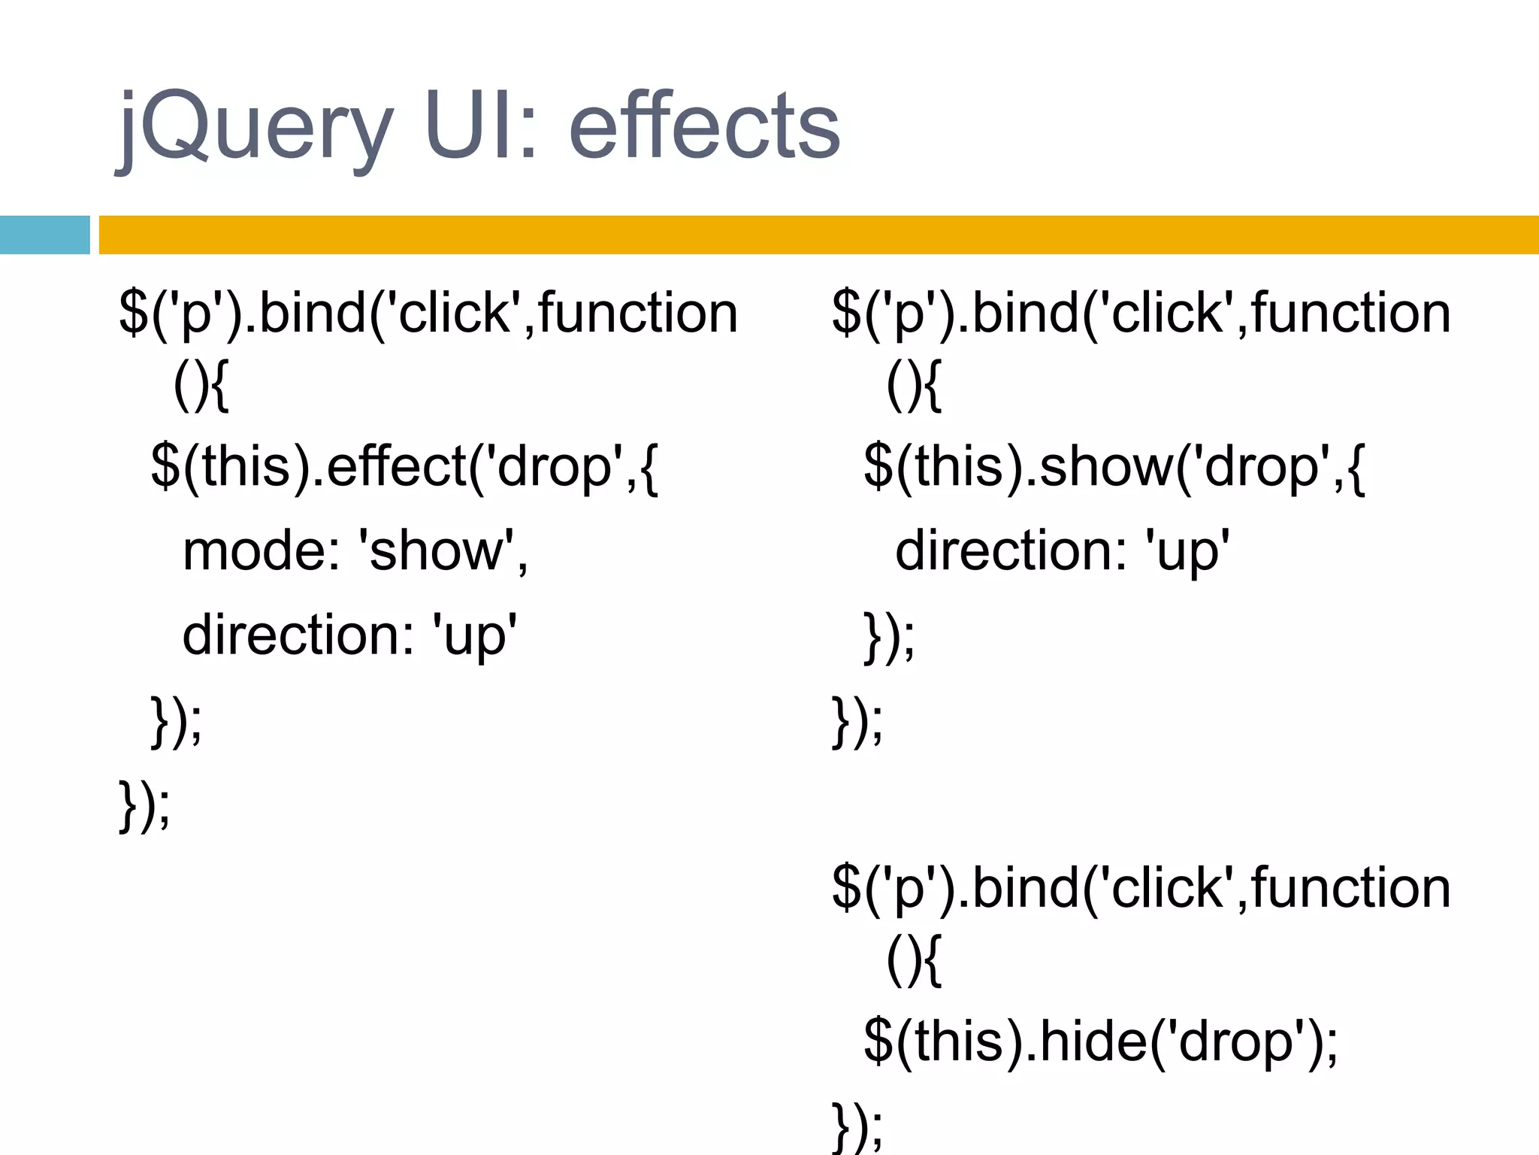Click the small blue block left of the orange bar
pyautogui.click(x=44, y=235)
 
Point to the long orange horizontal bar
pyautogui.click(x=818, y=235)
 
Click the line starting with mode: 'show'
pyautogui.click(x=355, y=551)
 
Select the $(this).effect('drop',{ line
pyautogui.click(x=404, y=468)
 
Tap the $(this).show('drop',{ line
pyautogui.click(x=1114, y=468)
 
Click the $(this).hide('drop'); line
pyautogui.click(x=1101, y=1042)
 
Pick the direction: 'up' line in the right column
pyautogui.click(x=1063, y=551)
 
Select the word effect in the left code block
pyautogui.click(x=397, y=468)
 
